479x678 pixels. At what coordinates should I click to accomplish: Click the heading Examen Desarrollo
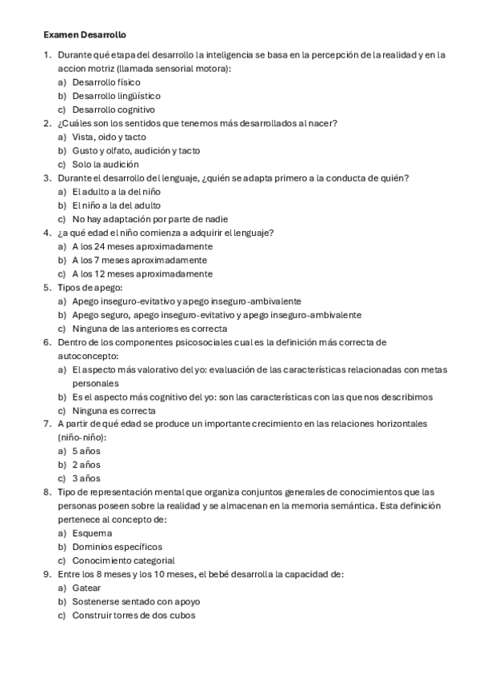pos(85,35)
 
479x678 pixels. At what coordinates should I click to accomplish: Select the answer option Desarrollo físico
pos(106,82)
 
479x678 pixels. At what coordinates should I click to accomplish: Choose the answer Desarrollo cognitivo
pos(113,110)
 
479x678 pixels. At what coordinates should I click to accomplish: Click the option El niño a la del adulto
pos(116,205)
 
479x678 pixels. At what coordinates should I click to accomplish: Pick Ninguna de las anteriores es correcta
pos(149,329)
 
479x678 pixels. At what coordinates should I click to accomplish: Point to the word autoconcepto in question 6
pos(87,356)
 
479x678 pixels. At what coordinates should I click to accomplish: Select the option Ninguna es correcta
pos(114,410)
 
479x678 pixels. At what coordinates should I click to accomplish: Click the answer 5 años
pos(86,451)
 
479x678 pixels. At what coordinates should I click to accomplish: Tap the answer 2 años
pos(86,465)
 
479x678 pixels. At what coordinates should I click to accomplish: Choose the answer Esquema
pos(92,533)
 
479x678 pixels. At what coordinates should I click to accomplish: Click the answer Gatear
pos(86,588)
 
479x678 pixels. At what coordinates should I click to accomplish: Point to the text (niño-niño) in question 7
pos(82,437)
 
